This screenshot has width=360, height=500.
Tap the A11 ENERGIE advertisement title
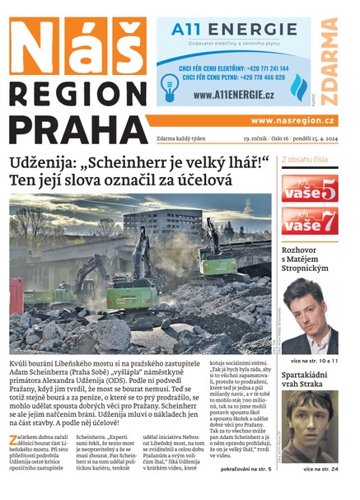tap(234, 31)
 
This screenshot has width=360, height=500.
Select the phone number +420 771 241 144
tap(262, 69)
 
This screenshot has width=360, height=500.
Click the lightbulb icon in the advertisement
tap(171, 85)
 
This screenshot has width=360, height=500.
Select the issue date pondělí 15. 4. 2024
tap(306, 139)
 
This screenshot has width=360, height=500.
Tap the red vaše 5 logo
tap(309, 188)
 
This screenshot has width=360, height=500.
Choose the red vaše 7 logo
tap(309, 221)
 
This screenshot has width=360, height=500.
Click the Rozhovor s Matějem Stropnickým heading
tap(309, 261)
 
